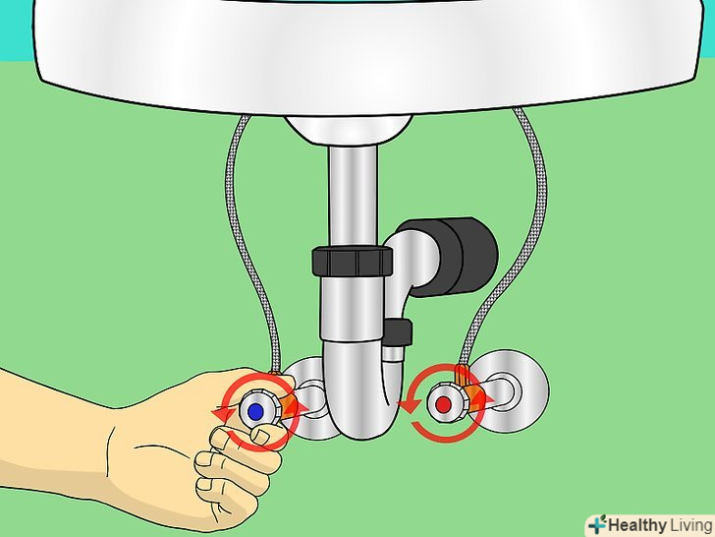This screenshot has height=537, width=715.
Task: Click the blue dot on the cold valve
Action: click(255, 412)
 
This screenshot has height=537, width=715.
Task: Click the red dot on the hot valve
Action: click(443, 404)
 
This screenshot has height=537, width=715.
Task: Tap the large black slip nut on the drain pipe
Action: click(352, 262)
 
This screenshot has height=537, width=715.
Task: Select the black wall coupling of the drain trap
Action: click(461, 257)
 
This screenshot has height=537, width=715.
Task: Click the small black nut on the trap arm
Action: click(398, 332)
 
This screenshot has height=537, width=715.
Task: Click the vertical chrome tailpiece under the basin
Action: click(353, 197)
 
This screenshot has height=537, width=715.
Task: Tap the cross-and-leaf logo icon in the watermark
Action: click(597, 524)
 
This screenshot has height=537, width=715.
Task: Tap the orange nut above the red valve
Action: click(462, 375)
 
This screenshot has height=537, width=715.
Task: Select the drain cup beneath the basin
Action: click(349, 130)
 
